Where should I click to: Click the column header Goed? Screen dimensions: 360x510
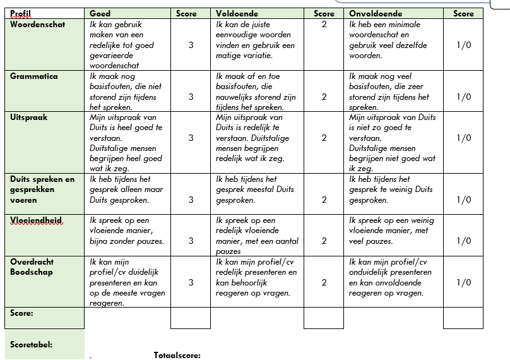(100, 13)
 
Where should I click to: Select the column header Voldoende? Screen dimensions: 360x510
(237, 13)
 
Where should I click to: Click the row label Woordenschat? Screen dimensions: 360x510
(37, 25)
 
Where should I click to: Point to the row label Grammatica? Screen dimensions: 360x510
(33, 76)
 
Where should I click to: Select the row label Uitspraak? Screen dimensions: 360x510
(29, 117)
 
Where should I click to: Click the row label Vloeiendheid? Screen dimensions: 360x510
(36, 220)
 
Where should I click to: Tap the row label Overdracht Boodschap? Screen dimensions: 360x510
(32, 267)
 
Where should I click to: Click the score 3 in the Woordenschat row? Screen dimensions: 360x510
(191, 45)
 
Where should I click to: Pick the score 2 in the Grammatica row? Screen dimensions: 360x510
(324, 97)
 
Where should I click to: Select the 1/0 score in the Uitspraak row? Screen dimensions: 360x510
(463, 138)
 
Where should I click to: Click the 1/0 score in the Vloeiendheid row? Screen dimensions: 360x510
(463, 241)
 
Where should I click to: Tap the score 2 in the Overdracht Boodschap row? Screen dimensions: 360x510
(324, 282)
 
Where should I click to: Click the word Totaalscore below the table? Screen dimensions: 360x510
(177, 355)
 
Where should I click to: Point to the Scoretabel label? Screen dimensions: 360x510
(32, 345)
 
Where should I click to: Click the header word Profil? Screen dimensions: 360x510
(21, 13)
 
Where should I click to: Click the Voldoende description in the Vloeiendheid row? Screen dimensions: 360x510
(254, 236)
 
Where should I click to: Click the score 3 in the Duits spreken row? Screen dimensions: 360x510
(191, 200)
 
